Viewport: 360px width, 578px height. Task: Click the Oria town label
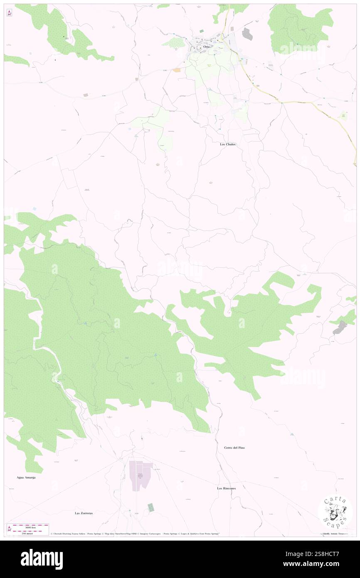[206, 47]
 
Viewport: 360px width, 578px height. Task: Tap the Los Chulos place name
[228, 144]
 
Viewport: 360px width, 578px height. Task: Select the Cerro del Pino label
[231, 447]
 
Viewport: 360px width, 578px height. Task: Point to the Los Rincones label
[226, 488]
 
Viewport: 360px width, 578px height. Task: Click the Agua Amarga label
[26, 477]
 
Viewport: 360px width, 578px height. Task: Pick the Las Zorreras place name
[84, 513]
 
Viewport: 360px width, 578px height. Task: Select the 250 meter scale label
[28, 533]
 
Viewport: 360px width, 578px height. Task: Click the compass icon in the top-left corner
[9, 12]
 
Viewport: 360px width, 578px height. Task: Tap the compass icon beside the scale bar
[9, 529]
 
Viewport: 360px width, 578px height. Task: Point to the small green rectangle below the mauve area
[150, 507]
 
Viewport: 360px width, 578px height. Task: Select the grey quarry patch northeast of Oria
[247, 34]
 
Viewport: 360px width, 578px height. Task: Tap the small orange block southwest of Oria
[177, 70]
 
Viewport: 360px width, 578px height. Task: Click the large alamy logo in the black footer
[42, 559]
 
